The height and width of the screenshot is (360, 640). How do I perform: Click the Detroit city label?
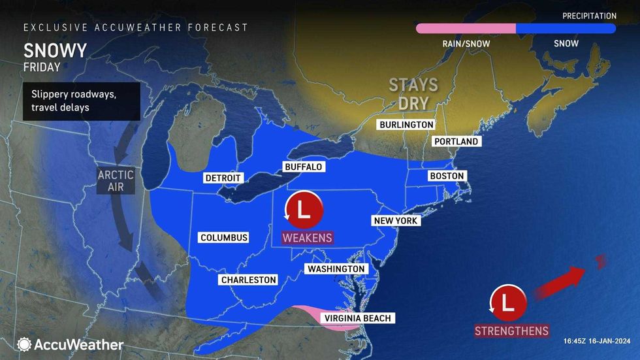point(223,178)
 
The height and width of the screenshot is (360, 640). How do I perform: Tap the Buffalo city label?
point(303,167)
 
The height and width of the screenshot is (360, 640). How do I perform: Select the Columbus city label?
point(224,237)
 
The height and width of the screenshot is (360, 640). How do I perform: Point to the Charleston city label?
point(248,280)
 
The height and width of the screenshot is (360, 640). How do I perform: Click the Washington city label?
point(336,269)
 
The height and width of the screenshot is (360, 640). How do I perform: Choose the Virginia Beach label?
point(357,318)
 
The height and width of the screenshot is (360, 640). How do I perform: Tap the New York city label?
point(395,221)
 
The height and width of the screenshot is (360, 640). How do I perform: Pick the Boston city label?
point(447,176)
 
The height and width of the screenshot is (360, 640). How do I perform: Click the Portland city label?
point(455,141)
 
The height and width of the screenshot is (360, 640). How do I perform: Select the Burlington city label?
point(406,124)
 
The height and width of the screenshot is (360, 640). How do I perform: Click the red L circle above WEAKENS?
point(304,210)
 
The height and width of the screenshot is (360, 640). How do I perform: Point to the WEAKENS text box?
point(307,237)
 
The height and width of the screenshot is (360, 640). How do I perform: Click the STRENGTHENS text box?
point(511,331)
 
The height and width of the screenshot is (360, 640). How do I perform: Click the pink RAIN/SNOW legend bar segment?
point(466,28)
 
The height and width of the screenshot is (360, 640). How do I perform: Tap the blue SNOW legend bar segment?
point(566,28)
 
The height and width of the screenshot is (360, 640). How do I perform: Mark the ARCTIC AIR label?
point(116,181)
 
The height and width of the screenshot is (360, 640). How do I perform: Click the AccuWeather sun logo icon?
point(24,344)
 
